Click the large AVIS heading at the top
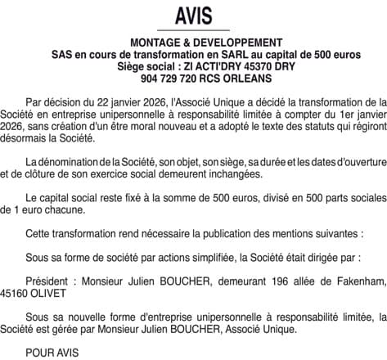coord(193,16)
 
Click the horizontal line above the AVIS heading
coord(193,3)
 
